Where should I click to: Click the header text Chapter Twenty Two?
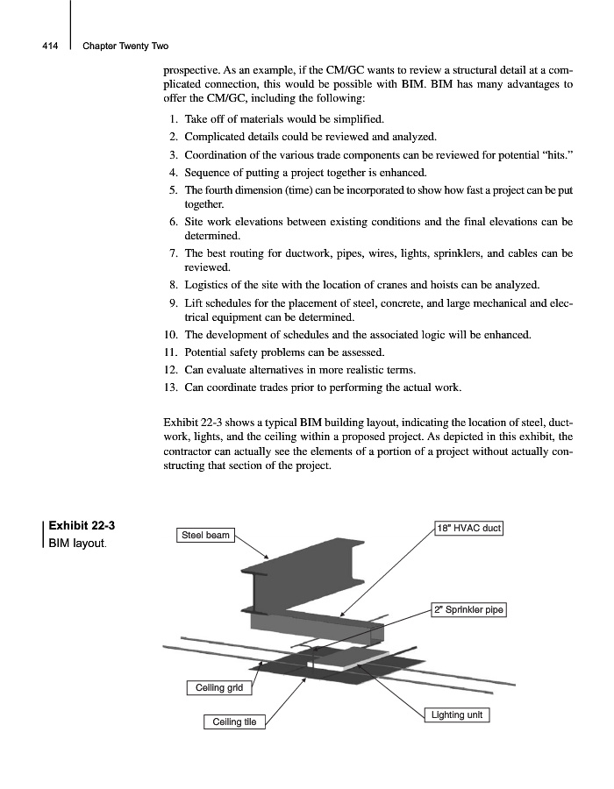[125, 46]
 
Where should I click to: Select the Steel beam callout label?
[205, 535]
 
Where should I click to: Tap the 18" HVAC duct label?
[468, 528]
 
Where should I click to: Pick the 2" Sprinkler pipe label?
[469, 609]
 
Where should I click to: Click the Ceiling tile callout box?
[234, 721]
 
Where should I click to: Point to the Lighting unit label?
[457, 715]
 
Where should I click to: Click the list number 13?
[172, 387]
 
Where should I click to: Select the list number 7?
[175, 253]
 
